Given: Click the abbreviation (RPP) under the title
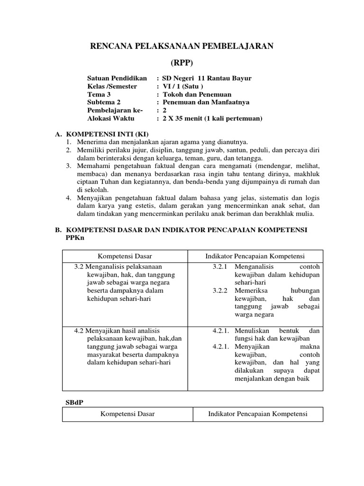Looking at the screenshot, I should click(x=182, y=63).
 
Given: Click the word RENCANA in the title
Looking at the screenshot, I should click(x=111, y=46).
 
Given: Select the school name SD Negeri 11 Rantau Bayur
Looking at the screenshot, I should click(x=207, y=78).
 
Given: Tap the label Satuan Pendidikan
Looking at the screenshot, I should click(x=117, y=78).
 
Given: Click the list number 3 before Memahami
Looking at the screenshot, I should click(x=68, y=166).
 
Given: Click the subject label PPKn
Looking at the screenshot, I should click(x=74, y=238).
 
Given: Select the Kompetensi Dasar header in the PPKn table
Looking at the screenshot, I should click(x=125, y=256).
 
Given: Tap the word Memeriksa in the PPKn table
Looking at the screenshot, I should click(x=250, y=290).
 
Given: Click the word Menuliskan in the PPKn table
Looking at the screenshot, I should click(x=252, y=330).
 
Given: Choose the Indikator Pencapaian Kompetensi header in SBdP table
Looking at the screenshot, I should click(x=258, y=414).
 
